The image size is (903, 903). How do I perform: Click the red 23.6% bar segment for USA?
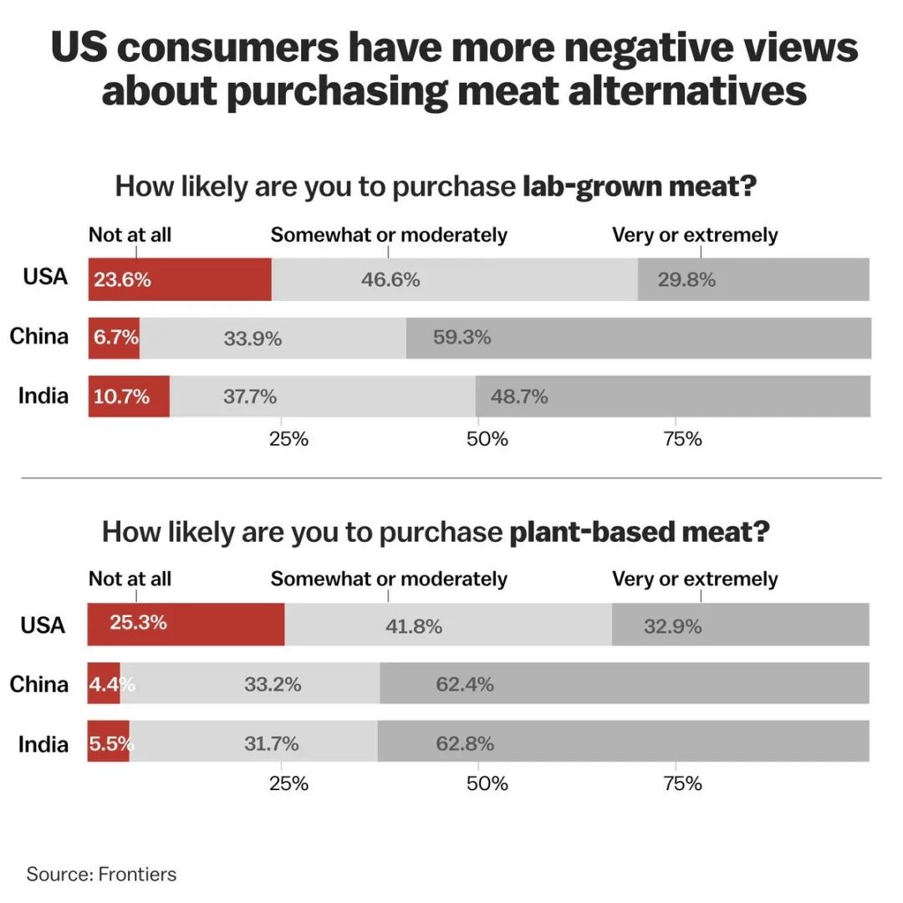(x=179, y=279)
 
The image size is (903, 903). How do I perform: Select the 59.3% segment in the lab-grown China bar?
(x=638, y=339)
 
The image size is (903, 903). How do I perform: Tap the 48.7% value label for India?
(x=519, y=396)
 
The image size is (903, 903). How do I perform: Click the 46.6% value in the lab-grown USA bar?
(x=390, y=279)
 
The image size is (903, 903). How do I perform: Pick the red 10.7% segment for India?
(x=129, y=396)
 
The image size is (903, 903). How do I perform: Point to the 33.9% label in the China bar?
(x=253, y=339)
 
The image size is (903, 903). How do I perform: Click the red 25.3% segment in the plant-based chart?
(x=186, y=624)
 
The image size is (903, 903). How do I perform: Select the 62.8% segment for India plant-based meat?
(x=623, y=742)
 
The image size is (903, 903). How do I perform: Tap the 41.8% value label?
(x=413, y=625)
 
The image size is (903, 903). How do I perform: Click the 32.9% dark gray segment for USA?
(x=740, y=625)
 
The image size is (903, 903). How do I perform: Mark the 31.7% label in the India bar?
(x=271, y=742)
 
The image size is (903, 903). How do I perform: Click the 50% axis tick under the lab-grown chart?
(x=487, y=439)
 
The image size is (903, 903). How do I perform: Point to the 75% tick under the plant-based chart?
(x=682, y=783)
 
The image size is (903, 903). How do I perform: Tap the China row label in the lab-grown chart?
(x=39, y=336)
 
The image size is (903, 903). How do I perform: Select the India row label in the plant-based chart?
(x=43, y=742)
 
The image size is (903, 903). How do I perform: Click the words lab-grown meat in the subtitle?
(x=639, y=186)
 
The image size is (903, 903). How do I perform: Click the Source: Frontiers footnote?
(x=101, y=875)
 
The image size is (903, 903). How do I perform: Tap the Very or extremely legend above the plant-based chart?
(x=695, y=579)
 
